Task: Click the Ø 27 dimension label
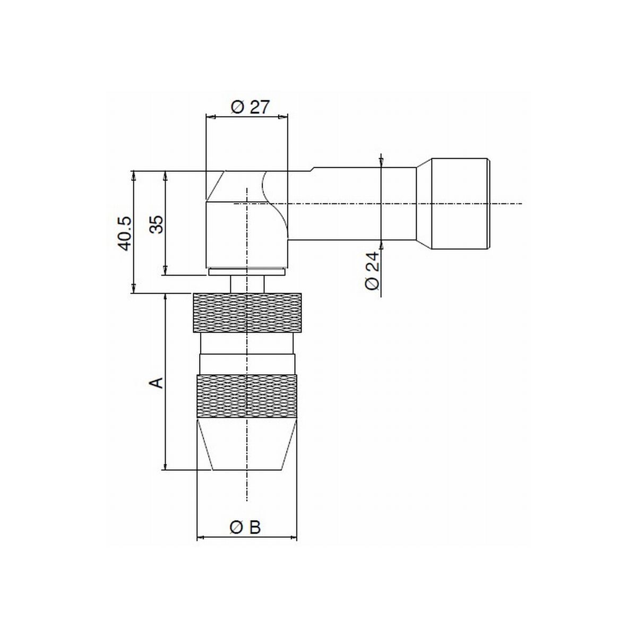pyautogui.click(x=250, y=107)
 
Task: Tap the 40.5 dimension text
pyautogui.click(x=125, y=234)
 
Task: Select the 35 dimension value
pyautogui.click(x=157, y=225)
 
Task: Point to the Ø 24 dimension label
pyautogui.click(x=372, y=271)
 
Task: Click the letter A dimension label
pyautogui.click(x=157, y=382)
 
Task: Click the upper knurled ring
pyautogui.click(x=247, y=313)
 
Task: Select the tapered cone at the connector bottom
pyautogui.click(x=247, y=444)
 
